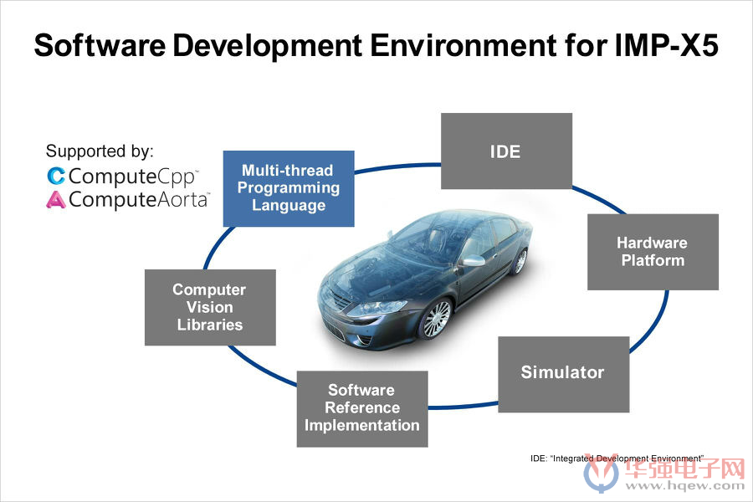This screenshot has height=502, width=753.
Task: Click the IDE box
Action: (507, 151)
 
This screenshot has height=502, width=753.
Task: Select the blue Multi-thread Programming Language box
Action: (289, 188)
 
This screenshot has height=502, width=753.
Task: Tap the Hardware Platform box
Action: (653, 252)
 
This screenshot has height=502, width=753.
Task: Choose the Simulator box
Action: (563, 374)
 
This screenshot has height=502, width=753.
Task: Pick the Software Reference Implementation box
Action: (362, 409)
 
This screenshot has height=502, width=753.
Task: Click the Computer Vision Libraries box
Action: (210, 307)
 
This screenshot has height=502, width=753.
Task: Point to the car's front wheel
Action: (436, 319)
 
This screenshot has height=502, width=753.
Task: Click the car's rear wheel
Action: (520, 261)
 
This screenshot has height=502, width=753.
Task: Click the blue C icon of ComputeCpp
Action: (56, 176)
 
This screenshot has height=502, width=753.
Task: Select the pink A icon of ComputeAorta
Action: (56, 199)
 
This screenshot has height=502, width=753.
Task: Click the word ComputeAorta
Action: (139, 200)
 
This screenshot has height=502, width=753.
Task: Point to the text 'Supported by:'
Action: (100, 151)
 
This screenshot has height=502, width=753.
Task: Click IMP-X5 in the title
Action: (667, 46)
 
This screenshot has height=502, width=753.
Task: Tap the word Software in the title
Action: (100, 46)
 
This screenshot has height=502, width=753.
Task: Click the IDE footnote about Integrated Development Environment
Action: (617, 458)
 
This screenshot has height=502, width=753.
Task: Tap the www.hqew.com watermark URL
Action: (684, 485)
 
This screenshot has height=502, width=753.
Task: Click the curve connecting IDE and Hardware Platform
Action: (600, 197)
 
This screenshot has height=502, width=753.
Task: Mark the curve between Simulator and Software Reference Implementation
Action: (463, 406)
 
